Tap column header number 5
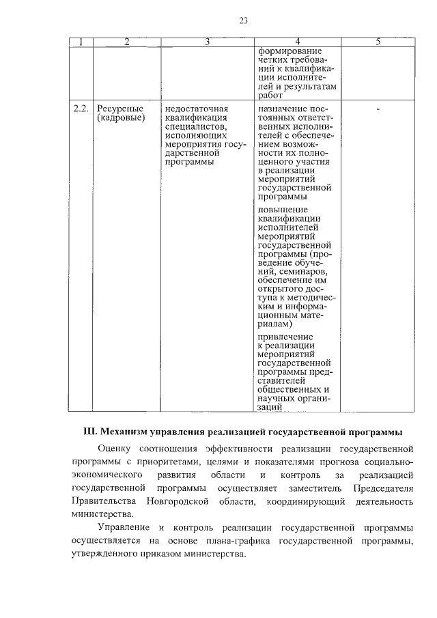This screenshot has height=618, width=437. pyautogui.click(x=378, y=42)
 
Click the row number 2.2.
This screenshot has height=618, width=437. pyautogui.click(x=81, y=109)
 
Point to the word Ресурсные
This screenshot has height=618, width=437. pyautogui.click(x=119, y=109)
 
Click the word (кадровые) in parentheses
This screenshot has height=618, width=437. pyautogui.click(x=121, y=118)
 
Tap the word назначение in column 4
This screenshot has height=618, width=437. pyautogui.click(x=285, y=109)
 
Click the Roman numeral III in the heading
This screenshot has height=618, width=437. pyautogui.click(x=90, y=432)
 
